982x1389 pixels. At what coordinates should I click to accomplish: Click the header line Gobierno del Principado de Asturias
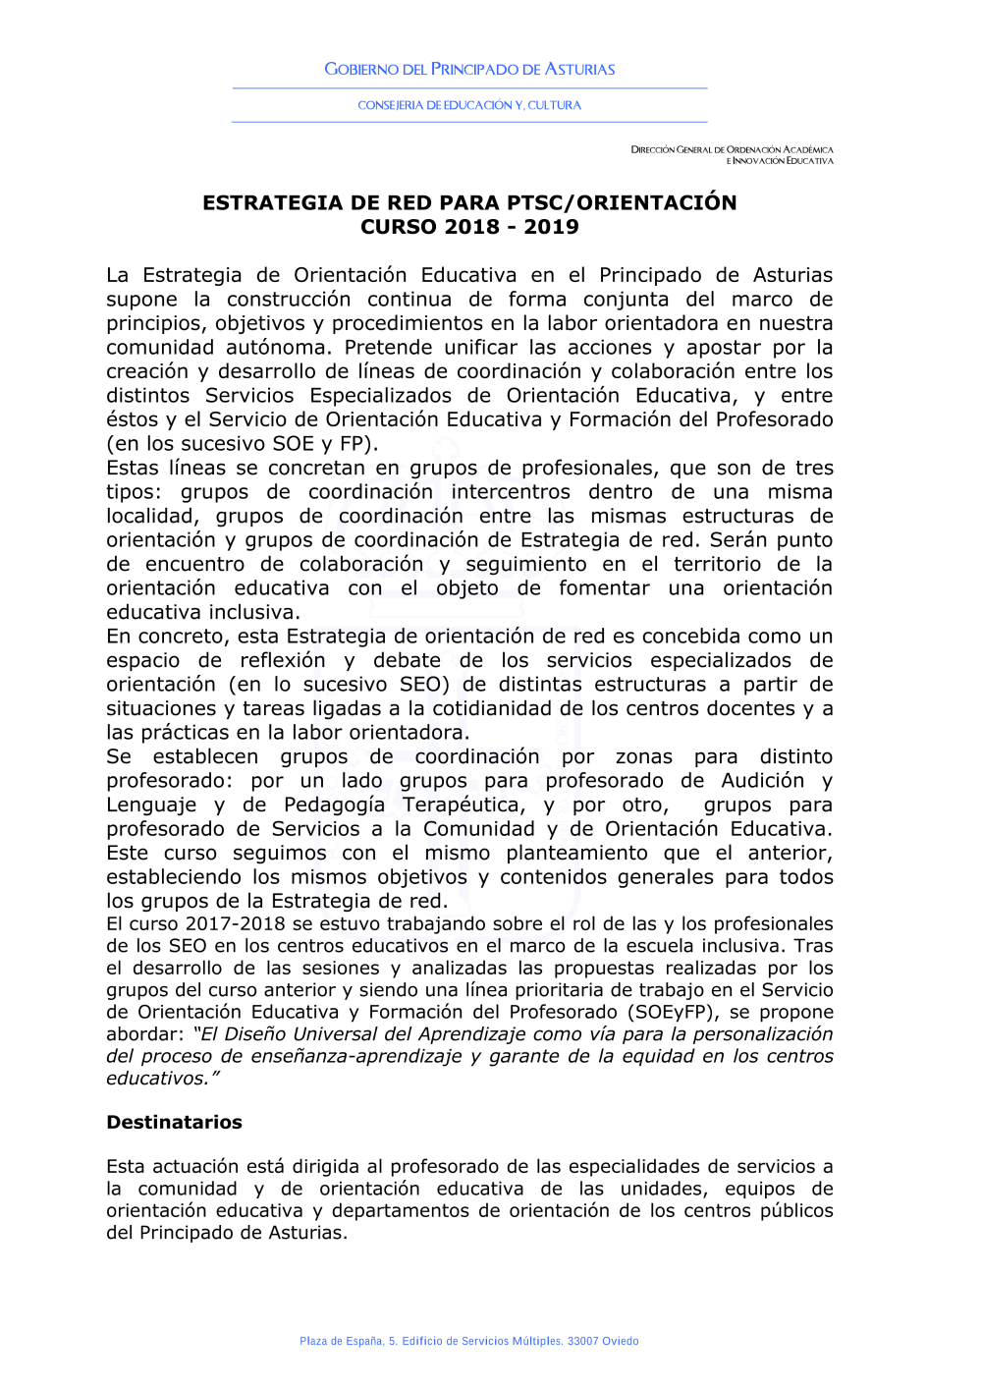[x=469, y=70]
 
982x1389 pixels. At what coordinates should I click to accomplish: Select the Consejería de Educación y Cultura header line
[x=469, y=105]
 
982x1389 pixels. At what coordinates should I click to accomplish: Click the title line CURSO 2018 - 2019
[x=469, y=227]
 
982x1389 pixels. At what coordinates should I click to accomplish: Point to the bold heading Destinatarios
[x=174, y=1123]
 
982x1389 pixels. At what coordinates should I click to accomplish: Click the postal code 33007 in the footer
[x=583, y=1341]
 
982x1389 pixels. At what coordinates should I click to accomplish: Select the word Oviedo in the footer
[x=621, y=1341]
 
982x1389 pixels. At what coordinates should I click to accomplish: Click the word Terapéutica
[x=464, y=806]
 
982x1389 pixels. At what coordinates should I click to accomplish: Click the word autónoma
[x=279, y=348]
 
